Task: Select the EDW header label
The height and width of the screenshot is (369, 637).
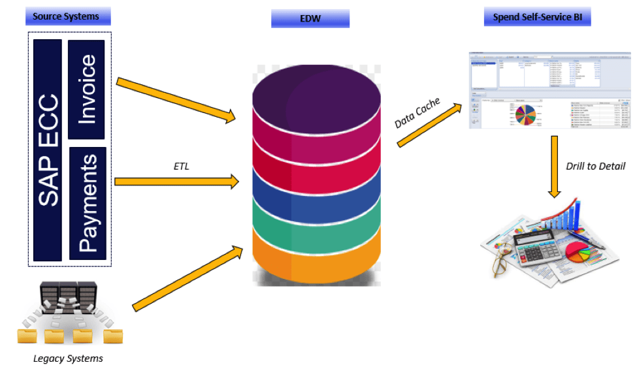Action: click(310, 18)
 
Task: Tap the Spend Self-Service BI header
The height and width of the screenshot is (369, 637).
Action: click(537, 16)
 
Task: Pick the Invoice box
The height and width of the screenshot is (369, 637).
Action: click(86, 89)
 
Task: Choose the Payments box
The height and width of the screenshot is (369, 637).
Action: click(87, 202)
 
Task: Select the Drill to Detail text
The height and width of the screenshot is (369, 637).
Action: click(595, 166)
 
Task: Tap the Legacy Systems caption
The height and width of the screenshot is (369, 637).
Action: click(68, 358)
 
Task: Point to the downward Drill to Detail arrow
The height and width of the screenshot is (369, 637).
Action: click(554, 166)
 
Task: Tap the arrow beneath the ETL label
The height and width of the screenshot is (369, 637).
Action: click(177, 182)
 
